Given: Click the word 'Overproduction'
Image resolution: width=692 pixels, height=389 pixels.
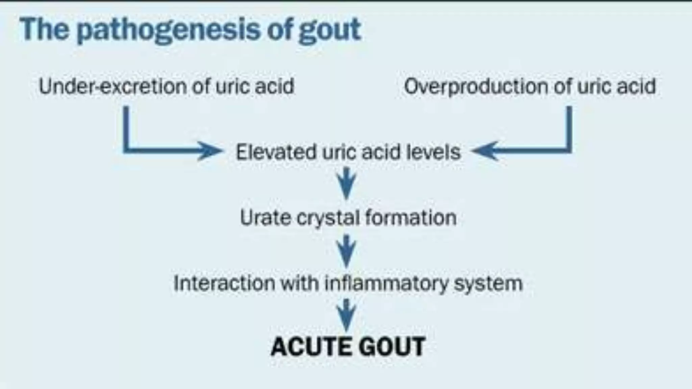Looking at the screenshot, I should (x=476, y=86).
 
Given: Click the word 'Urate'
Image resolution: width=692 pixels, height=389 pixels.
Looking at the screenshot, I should (x=265, y=217).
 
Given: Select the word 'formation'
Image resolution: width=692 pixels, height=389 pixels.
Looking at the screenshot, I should (x=411, y=217).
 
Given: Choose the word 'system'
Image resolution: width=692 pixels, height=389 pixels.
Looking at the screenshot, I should (x=488, y=283).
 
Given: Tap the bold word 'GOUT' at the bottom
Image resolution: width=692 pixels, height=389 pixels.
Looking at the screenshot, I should (x=392, y=347).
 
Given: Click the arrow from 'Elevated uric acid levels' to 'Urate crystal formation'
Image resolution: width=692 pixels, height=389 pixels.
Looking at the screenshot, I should (x=347, y=184).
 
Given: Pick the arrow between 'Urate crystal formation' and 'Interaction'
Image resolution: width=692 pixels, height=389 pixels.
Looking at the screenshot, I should (x=347, y=251).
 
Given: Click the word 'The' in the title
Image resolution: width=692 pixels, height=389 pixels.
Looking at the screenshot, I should (x=44, y=30).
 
